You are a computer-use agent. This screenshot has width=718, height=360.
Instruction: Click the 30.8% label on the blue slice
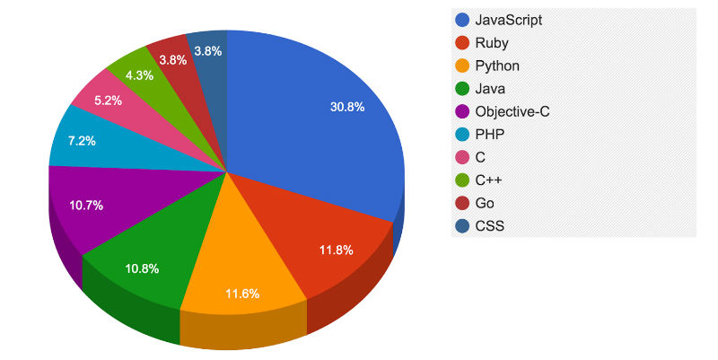347,107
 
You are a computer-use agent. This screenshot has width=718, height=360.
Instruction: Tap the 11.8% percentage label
337,250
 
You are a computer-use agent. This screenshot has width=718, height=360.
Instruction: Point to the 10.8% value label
143,268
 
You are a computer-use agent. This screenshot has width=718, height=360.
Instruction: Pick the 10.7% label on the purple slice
86,205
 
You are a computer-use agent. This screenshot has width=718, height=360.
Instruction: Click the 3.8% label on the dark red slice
172,59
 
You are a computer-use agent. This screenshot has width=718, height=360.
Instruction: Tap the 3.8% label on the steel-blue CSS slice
207,51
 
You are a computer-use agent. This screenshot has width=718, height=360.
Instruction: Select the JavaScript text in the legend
508,20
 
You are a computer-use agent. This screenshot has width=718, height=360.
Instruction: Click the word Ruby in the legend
492,43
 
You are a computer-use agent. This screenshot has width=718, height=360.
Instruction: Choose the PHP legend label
490,135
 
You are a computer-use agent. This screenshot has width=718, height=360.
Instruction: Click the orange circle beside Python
462,66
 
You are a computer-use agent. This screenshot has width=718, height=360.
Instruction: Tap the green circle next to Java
462,89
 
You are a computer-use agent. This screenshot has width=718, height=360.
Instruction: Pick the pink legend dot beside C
462,158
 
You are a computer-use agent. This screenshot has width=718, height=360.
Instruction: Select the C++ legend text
488,180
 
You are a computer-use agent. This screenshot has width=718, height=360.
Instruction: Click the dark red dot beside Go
462,204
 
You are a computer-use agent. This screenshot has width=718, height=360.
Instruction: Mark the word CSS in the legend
489,226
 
